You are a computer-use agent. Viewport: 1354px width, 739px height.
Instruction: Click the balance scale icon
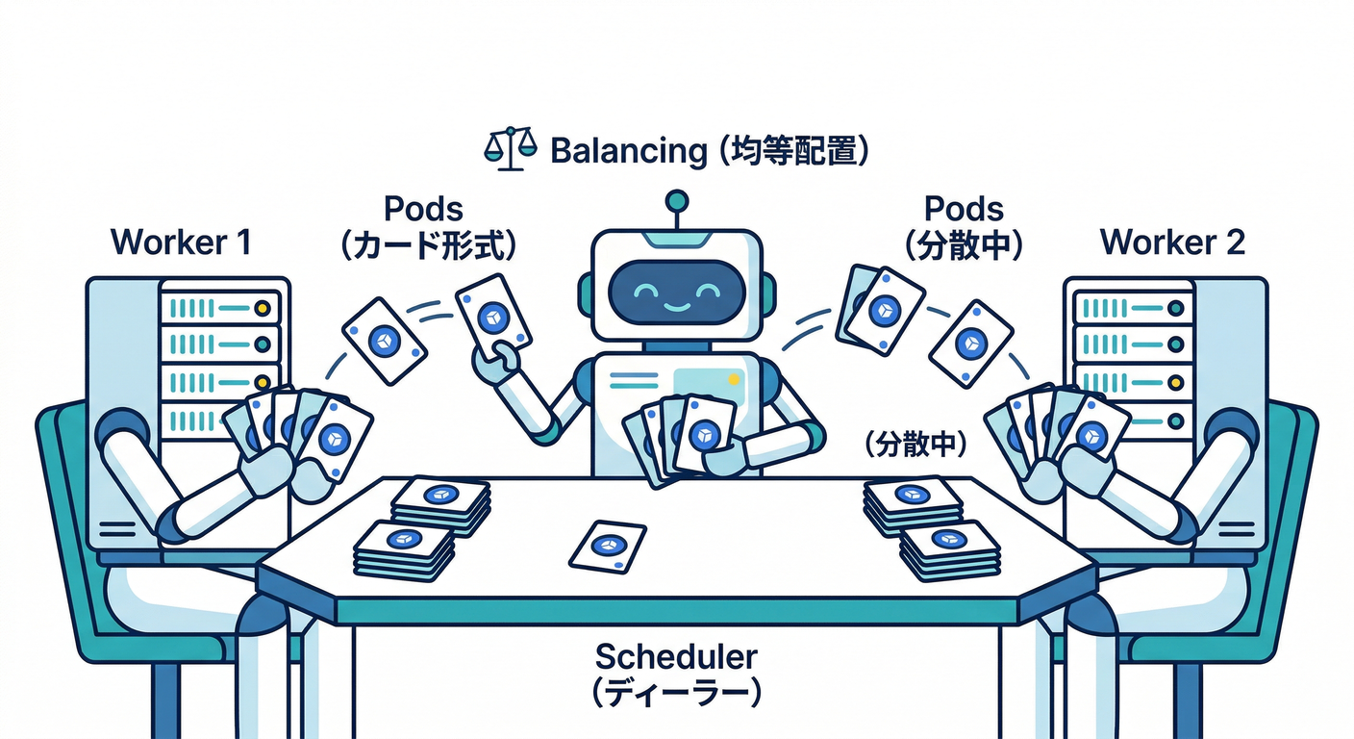click(510, 151)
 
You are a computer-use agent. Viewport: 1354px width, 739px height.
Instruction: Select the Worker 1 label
click(181, 242)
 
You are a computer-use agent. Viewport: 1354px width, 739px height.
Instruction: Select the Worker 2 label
click(1172, 242)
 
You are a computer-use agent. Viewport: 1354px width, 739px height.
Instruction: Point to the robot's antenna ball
click(677, 201)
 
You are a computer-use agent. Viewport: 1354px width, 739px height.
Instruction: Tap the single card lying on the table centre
click(606, 546)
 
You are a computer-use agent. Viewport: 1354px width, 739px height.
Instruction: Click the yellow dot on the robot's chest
click(736, 379)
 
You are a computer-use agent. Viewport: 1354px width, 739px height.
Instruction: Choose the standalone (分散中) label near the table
click(914, 445)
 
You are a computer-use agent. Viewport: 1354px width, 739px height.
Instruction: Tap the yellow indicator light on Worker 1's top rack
click(261, 308)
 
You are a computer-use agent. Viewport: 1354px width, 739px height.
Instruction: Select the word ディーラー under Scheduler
click(676, 693)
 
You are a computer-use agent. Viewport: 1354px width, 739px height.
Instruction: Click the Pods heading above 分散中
click(964, 209)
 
